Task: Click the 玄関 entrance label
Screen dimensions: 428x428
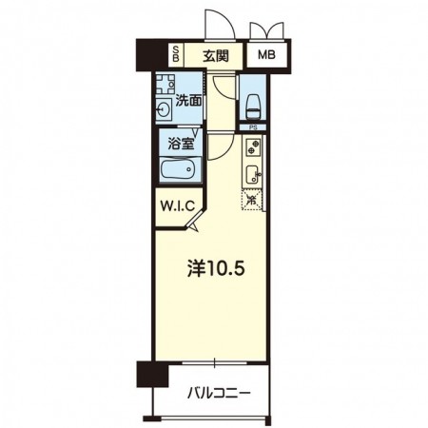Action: [x=216, y=56]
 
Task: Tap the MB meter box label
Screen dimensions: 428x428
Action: [x=266, y=55]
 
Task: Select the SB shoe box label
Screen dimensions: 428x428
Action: [x=176, y=53]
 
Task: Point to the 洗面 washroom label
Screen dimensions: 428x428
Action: [x=188, y=101]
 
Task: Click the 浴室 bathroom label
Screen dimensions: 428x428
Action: [x=181, y=145]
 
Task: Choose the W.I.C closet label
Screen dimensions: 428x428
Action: [x=178, y=206]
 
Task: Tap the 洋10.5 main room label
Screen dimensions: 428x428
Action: [x=216, y=268]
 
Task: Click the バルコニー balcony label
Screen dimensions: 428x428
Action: [x=219, y=394]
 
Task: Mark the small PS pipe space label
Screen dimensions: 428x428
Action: [x=253, y=127]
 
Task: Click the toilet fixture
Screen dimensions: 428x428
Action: [x=253, y=107]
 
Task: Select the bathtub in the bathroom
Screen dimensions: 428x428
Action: [x=178, y=170]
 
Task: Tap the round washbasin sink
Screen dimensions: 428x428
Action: [x=164, y=109]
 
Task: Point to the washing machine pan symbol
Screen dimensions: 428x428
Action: [x=165, y=84]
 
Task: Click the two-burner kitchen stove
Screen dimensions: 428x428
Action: [x=253, y=146]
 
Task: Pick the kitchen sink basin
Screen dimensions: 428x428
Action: [x=253, y=174]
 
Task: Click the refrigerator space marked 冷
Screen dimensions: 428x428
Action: [x=252, y=200]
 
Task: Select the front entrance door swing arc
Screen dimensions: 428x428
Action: [x=228, y=21]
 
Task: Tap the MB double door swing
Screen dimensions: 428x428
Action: [x=266, y=30]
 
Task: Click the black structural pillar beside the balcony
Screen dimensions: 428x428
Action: [x=152, y=374]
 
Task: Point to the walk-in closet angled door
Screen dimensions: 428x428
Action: [x=194, y=220]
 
